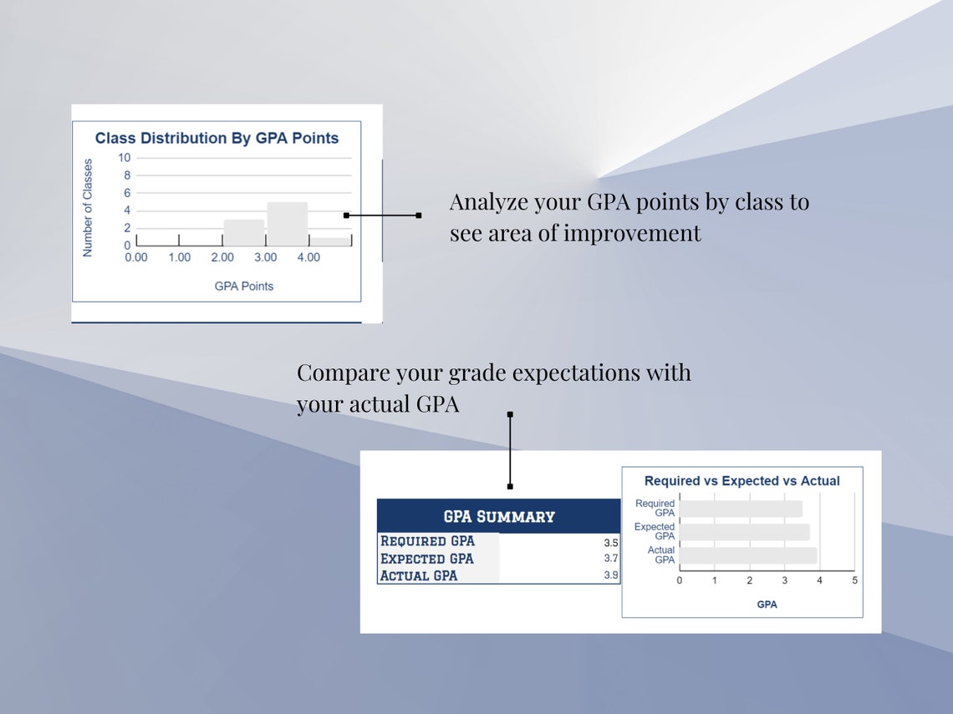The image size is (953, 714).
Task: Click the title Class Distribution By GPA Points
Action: click(217, 138)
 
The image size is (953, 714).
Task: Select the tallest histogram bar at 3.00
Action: click(287, 224)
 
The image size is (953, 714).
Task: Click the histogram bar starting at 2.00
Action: click(243, 232)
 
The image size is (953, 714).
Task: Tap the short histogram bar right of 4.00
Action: click(330, 241)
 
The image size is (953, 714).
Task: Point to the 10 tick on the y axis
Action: click(125, 157)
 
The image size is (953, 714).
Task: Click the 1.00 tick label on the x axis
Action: click(179, 257)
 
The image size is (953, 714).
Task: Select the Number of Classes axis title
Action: click(88, 207)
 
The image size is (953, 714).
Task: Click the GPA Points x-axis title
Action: click(243, 286)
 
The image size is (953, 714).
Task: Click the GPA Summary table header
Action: click(498, 516)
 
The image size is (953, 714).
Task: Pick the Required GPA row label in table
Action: click(427, 541)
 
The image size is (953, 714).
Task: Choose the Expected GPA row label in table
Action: click(426, 559)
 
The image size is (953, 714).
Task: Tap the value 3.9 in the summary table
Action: click(611, 575)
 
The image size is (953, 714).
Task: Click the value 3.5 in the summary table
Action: click(611, 542)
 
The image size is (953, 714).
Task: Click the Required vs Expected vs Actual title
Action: click(742, 481)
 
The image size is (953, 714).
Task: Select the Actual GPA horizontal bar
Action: click(747, 555)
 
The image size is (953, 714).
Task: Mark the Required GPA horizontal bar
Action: click(740, 509)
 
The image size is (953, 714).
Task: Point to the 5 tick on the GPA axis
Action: click(854, 580)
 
